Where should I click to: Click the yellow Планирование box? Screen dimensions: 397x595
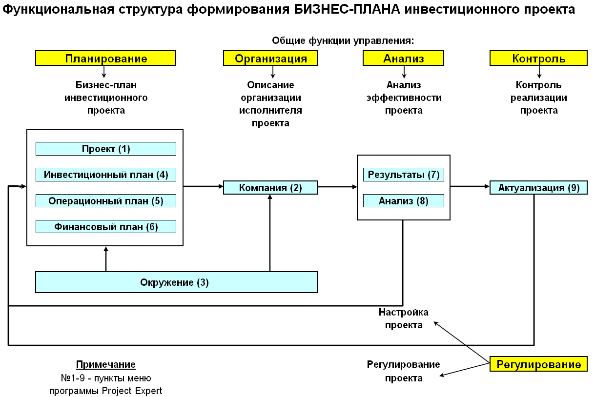pos(105,59)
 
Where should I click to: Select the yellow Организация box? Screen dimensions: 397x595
pos(270,59)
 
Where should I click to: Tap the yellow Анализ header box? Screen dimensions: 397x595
pos(403,59)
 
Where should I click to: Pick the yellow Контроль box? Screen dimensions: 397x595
pos(538,59)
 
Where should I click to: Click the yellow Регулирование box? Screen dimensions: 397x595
pos(538,364)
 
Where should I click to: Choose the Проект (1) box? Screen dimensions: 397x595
pos(105,149)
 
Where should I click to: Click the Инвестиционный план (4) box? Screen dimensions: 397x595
pos(105,175)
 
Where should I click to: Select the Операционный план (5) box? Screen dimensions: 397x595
pos(105,200)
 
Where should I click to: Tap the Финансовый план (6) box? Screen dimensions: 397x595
pos(105,226)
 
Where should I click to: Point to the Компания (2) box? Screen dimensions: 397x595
pos(270,188)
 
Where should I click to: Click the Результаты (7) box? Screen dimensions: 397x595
pos(403,175)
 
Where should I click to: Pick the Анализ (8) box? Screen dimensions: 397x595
pos(403,200)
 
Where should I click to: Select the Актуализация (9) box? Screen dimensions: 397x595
pos(538,188)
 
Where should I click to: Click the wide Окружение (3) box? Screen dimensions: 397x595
pos(176,282)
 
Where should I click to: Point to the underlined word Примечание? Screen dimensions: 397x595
pos(105,364)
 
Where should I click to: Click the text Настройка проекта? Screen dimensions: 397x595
pos(403,318)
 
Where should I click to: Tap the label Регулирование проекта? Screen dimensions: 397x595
pos(403,371)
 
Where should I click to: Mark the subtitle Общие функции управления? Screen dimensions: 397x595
pos(343,40)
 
